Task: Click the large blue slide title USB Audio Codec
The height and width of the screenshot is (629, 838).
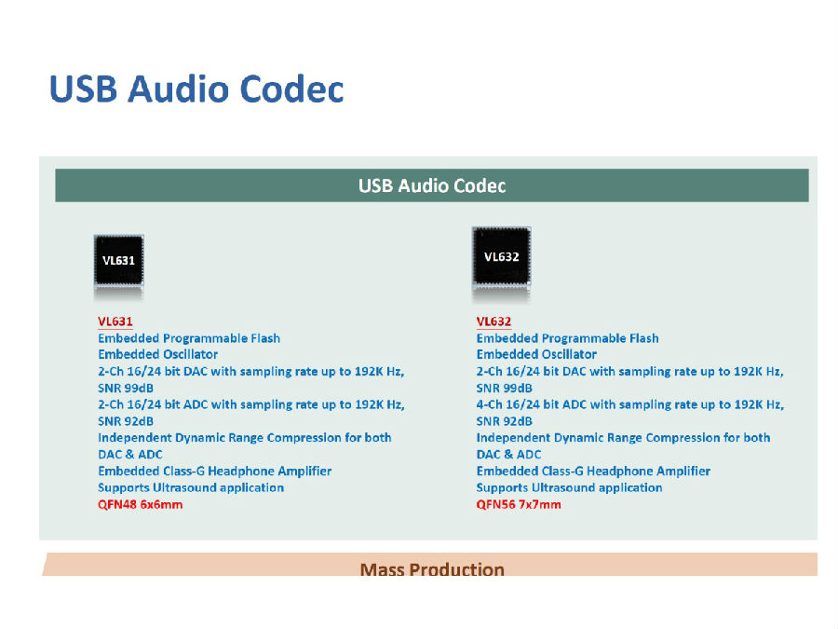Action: pos(196,89)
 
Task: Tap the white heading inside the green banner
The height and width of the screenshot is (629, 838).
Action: pos(432,185)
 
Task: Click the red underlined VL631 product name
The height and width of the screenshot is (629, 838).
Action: pos(115,321)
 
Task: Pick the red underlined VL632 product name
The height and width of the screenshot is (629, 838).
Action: pos(493,321)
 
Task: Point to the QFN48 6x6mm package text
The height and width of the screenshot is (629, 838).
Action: pos(140,504)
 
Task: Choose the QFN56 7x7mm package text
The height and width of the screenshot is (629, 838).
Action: pos(519,504)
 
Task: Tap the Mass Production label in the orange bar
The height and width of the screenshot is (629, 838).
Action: pos(432,569)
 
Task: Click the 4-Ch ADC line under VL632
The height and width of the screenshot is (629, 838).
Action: pos(630,405)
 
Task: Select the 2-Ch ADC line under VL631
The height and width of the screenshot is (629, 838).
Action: pos(251,405)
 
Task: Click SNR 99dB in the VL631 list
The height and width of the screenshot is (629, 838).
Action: pos(126,389)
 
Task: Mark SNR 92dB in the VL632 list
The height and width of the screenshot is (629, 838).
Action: pos(504,421)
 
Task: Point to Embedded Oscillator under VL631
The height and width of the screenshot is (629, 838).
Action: pos(157,354)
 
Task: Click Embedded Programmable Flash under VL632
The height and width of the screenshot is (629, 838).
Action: pos(568,338)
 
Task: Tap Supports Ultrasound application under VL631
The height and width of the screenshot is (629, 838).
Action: pos(191,487)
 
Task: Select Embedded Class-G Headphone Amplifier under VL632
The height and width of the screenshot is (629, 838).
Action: pos(593,472)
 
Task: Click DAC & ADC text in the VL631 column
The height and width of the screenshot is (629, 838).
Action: pos(129,455)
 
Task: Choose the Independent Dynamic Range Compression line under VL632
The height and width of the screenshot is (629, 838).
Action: pos(623,438)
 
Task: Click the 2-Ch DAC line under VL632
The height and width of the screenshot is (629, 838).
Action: pos(630,372)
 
